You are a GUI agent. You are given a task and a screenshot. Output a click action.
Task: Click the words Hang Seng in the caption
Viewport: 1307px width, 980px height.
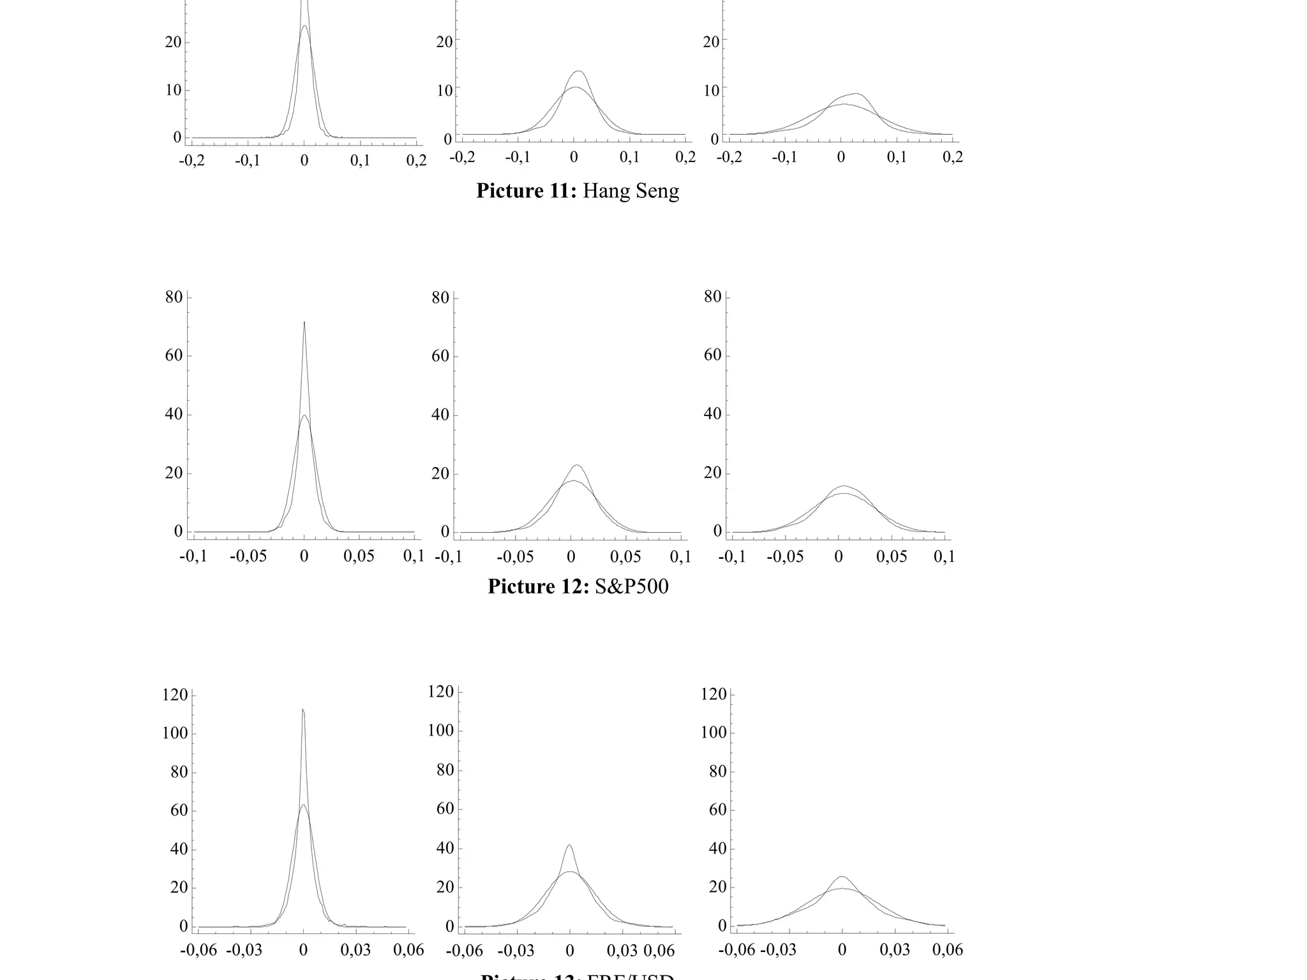point(631,191)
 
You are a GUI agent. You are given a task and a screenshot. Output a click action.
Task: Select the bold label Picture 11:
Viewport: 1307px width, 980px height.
point(526,191)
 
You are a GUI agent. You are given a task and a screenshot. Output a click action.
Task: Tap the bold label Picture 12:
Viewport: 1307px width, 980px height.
point(538,586)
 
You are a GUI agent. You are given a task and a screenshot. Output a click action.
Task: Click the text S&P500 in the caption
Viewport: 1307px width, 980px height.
point(631,586)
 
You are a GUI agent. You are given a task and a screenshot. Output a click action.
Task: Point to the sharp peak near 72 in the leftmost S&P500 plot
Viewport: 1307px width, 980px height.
point(304,322)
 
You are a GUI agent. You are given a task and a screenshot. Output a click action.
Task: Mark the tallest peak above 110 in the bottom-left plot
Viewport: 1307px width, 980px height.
point(302,709)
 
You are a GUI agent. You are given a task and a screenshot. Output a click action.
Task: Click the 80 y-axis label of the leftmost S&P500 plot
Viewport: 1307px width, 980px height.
point(174,297)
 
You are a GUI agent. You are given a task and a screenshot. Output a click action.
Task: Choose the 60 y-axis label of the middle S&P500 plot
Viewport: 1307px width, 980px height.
point(440,356)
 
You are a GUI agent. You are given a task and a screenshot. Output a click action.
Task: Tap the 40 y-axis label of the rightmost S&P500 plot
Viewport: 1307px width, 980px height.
point(713,414)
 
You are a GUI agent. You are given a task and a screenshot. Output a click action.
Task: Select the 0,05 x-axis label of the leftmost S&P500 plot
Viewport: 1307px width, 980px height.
point(359,556)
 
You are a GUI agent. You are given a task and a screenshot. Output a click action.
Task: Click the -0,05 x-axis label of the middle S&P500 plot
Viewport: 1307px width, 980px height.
point(514,557)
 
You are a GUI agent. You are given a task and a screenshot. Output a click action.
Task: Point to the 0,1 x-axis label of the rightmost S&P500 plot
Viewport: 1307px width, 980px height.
point(944,557)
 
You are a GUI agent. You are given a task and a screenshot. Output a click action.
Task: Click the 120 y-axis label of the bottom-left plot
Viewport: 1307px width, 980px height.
point(176,695)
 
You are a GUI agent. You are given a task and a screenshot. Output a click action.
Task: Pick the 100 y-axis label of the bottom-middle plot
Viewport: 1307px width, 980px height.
point(441,731)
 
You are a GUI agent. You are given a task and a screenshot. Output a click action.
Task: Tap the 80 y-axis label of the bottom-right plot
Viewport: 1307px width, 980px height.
point(718,771)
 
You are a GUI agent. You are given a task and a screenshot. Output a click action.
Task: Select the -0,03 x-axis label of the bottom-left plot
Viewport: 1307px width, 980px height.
point(244,951)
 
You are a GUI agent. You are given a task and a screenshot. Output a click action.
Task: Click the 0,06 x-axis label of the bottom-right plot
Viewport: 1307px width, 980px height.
point(948,950)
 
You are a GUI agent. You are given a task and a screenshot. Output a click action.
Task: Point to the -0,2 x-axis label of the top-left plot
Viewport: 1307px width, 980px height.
point(191,160)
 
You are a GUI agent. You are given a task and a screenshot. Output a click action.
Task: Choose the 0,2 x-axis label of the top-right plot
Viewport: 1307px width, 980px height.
point(952,157)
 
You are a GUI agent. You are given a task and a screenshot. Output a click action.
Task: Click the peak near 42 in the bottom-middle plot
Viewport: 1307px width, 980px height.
point(569,845)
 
